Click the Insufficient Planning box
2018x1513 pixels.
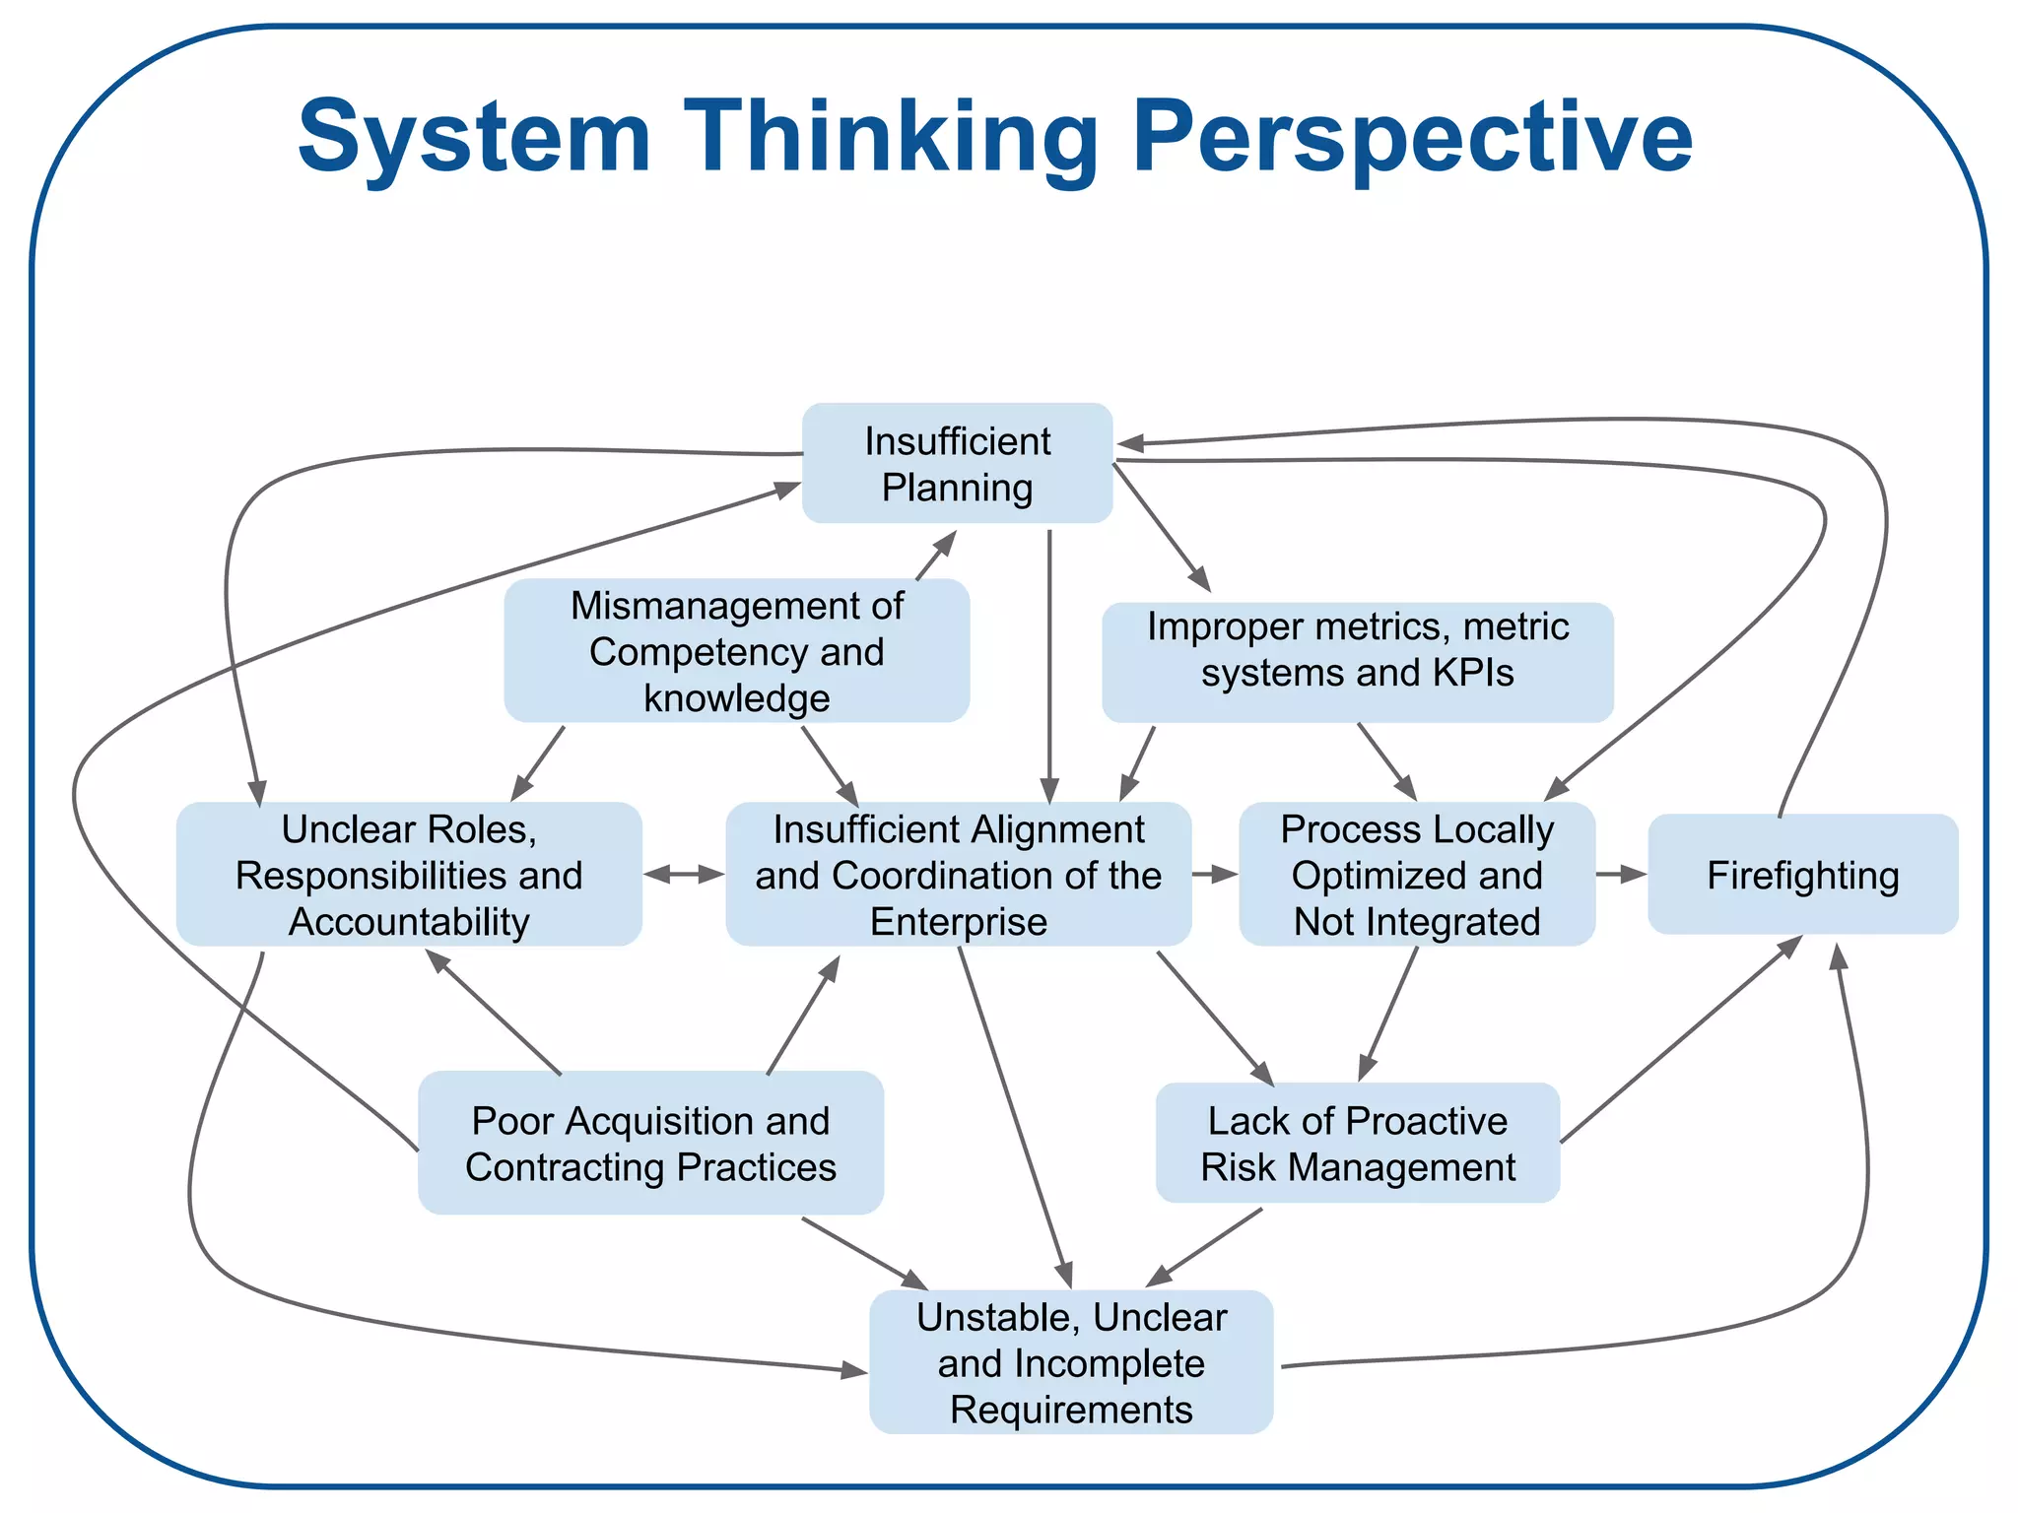click(957, 463)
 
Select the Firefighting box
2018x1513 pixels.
click(1802, 875)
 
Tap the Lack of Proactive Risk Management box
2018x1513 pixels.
click(1357, 1143)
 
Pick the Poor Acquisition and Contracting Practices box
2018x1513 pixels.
click(650, 1143)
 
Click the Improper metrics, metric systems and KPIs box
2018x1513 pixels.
click(1357, 662)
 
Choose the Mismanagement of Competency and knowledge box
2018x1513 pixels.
click(736, 651)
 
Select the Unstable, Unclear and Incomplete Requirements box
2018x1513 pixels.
click(1071, 1362)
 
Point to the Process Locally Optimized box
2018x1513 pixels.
click(1416, 875)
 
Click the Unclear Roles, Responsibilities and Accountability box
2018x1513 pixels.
click(409, 875)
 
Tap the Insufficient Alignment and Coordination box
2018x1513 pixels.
click(958, 875)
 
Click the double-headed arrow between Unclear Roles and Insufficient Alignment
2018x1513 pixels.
click(684, 874)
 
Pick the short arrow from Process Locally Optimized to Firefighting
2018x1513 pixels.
click(1621, 874)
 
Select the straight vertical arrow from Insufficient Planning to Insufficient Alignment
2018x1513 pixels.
click(1049, 670)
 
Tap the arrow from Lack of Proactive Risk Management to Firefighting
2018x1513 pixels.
click(1680, 1039)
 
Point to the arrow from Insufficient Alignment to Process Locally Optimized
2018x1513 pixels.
click(1215, 874)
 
